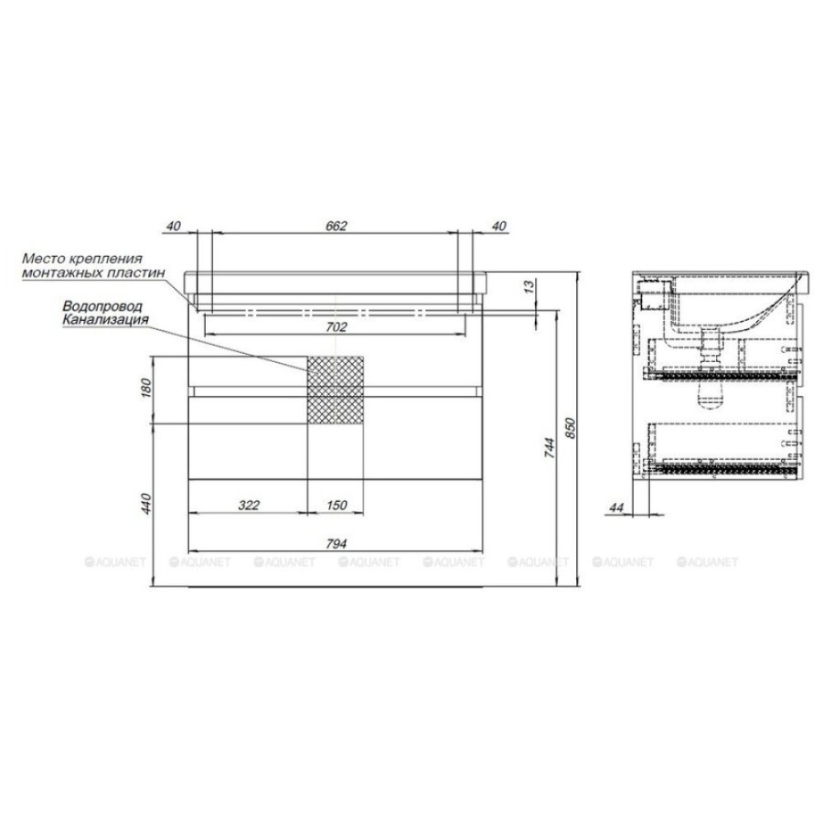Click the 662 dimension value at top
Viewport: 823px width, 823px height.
337,226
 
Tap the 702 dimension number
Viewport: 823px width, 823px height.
336,327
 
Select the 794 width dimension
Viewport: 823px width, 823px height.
336,544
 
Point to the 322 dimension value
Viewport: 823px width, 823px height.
248,505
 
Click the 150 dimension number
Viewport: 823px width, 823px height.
336,505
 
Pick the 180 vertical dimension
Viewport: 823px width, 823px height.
146,388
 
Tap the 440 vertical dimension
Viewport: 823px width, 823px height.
146,503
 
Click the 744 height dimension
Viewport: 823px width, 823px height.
549,448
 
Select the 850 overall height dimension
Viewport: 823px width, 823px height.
571,428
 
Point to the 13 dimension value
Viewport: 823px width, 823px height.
529,286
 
